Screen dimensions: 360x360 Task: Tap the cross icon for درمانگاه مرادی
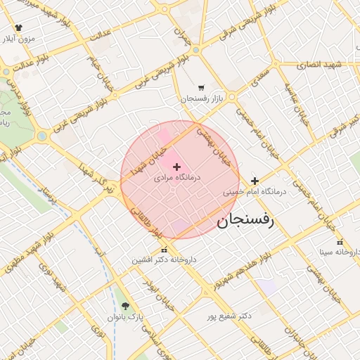click(x=176, y=167)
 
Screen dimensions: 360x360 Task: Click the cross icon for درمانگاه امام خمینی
click(x=255, y=181)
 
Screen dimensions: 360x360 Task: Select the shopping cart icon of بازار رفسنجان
click(x=202, y=89)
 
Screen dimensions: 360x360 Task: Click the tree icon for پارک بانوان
click(x=125, y=306)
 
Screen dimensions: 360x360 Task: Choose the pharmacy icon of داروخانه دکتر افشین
click(x=164, y=250)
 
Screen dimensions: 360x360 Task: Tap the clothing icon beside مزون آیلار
click(x=18, y=28)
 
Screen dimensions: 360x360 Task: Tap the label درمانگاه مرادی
click(x=178, y=178)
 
